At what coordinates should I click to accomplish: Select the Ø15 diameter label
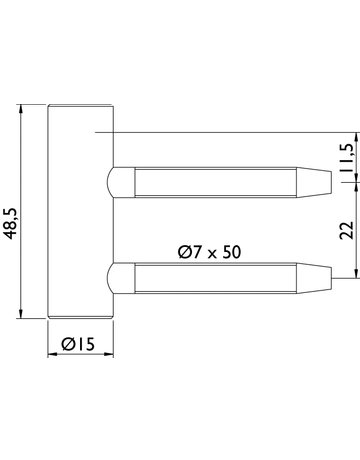pyautogui.click(x=78, y=344)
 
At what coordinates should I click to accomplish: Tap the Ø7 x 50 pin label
pyautogui.click(x=209, y=252)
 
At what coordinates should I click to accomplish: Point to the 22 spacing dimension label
pyautogui.click(x=347, y=230)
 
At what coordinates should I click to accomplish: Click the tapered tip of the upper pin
pyautogui.click(x=314, y=182)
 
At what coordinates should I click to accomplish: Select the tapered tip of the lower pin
pyautogui.click(x=314, y=278)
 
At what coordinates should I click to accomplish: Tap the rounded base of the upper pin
pyautogui.click(x=121, y=182)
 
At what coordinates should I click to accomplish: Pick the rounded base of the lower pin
pyautogui.click(x=121, y=278)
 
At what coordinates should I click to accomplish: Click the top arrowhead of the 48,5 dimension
pyautogui.click(x=21, y=109)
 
